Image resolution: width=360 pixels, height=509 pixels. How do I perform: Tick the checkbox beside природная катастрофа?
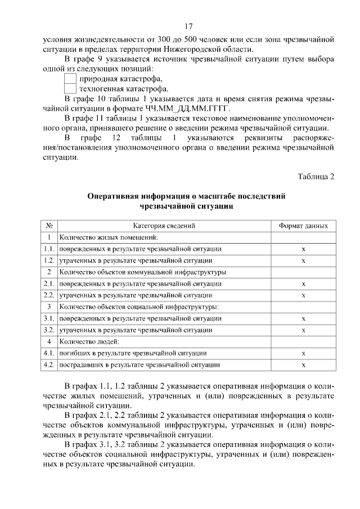click(x=70, y=79)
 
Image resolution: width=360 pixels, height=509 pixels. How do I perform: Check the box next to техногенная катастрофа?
click(x=70, y=89)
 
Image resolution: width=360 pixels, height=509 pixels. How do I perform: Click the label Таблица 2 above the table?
click(x=316, y=177)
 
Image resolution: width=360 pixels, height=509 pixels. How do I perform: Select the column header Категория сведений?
click(x=165, y=226)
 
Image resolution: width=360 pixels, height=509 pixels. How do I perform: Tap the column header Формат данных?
click(x=303, y=226)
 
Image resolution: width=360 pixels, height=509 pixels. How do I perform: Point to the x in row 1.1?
click(x=303, y=249)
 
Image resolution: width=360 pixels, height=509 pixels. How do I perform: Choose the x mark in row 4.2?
click(x=303, y=365)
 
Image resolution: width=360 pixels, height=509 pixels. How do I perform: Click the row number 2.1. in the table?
click(x=49, y=283)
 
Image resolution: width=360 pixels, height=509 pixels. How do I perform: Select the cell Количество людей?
click(x=91, y=341)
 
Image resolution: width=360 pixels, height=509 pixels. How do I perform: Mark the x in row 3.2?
click(x=303, y=330)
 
